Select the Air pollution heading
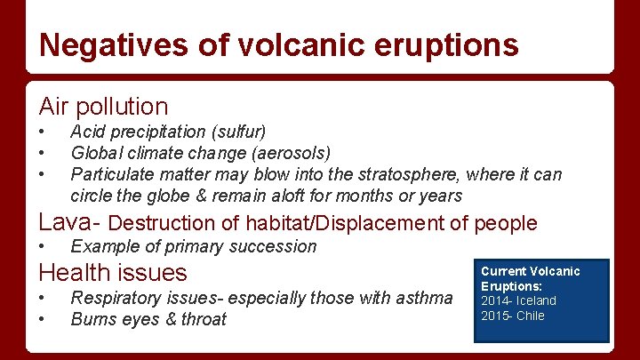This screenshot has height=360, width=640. (x=103, y=107)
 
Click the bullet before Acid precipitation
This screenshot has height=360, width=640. (x=42, y=132)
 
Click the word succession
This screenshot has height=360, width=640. (x=276, y=246)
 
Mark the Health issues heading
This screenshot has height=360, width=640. (x=113, y=272)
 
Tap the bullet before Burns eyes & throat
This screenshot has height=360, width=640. (x=42, y=319)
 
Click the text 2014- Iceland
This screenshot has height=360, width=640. (x=518, y=300)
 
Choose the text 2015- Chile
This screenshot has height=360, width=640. (x=513, y=316)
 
